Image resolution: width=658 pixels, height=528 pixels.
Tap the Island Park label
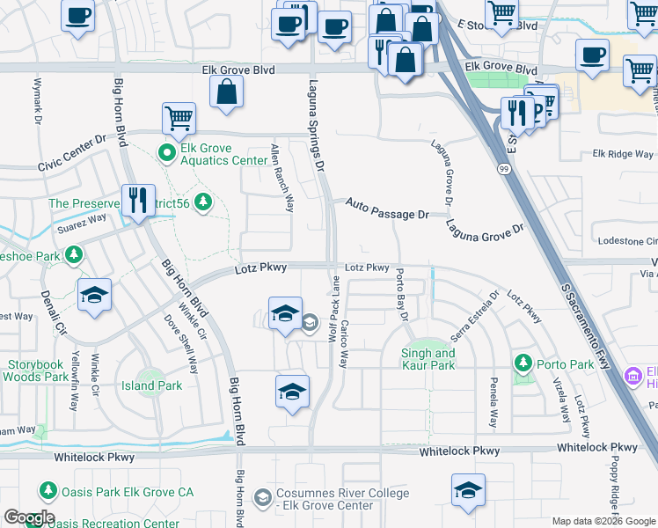(151, 385)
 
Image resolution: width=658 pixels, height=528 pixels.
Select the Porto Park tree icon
(523, 363)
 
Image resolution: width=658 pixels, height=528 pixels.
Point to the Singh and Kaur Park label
(428, 359)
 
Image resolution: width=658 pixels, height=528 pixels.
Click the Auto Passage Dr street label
(386, 209)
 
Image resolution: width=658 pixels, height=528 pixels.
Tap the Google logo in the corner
(29, 517)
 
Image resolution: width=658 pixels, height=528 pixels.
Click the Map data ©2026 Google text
(603, 521)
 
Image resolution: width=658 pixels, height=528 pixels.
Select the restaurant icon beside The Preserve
(138, 202)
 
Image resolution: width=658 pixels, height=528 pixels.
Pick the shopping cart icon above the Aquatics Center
(179, 118)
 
